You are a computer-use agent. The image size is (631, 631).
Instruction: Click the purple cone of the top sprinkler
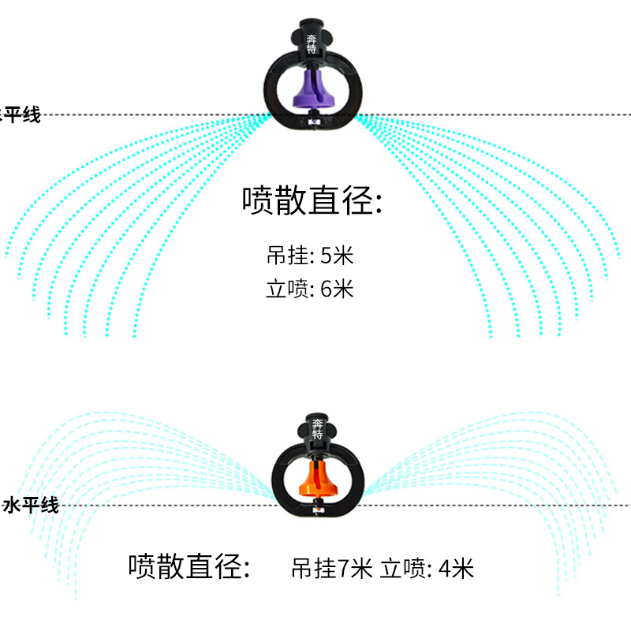tap(314, 90)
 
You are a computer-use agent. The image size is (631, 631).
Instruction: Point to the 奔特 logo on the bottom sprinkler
tap(317, 431)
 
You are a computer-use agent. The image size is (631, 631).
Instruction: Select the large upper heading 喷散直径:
tap(312, 201)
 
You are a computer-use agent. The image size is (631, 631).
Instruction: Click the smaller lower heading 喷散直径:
tap(190, 566)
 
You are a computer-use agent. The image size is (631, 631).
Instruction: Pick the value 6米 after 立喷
tap(338, 289)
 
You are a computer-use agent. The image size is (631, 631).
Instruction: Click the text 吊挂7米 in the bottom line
tap(331, 568)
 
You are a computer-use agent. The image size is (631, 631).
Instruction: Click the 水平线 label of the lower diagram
tap(32, 506)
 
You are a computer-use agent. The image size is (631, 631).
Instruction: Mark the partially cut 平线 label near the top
tap(21, 116)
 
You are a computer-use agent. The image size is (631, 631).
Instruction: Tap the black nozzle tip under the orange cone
tap(317, 509)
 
